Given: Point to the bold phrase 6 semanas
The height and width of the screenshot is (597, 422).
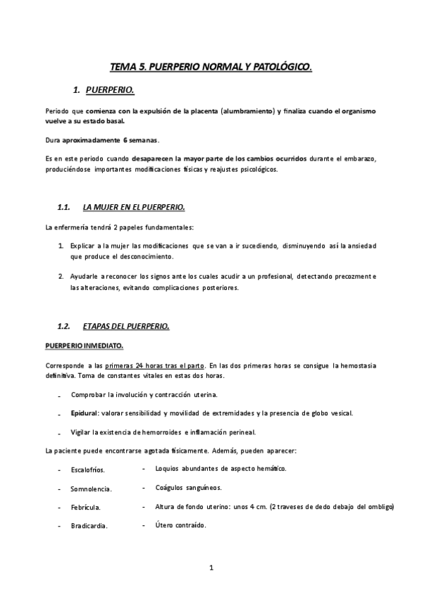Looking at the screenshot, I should [x=139, y=139].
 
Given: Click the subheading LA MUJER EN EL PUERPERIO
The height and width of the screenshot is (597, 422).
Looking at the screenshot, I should [x=133, y=208].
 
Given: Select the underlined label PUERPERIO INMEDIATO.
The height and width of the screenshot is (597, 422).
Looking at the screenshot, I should [x=84, y=346].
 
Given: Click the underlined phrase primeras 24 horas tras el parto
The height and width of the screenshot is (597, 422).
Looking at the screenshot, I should [x=155, y=366].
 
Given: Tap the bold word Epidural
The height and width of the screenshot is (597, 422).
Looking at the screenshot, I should [x=85, y=413].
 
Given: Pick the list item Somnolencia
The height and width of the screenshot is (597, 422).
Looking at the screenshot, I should [x=92, y=489].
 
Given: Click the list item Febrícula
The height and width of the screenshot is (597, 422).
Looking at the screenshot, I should [x=85, y=507].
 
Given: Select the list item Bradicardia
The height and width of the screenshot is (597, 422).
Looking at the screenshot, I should [x=89, y=526].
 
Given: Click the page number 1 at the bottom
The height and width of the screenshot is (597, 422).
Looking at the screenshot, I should [x=211, y=567].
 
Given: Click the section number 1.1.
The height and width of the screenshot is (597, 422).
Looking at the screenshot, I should [x=63, y=208].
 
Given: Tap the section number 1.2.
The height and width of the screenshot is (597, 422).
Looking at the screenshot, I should [x=63, y=327].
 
